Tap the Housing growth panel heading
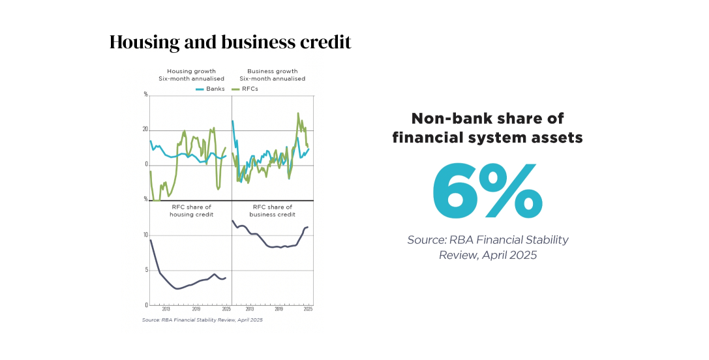pyautogui.click(x=191, y=74)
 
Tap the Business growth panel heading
pyautogui.click(x=273, y=74)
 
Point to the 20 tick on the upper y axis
pyautogui.click(x=145, y=129)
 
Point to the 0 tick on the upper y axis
pyautogui.click(x=146, y=164)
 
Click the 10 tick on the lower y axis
pyautogui.click(x=145, y=235)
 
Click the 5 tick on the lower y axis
pyautogui.click(x=146, y=270)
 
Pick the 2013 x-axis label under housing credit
pyautogui.click(x=166, y=309)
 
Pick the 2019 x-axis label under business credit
pyautogui.click(x=279, y=309)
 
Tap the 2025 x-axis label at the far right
pyautogui.click(x=308, y=309)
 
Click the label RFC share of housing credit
pyautogui.click(x=191, y=210)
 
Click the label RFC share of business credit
pyautogui.click(x=273, y=210)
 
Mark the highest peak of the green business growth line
pyautogui.click(x=298, y=113)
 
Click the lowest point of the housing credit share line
pyautogui.click(x=177, y=288)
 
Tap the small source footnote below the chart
pyautogui.click(x=202, y=320)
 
